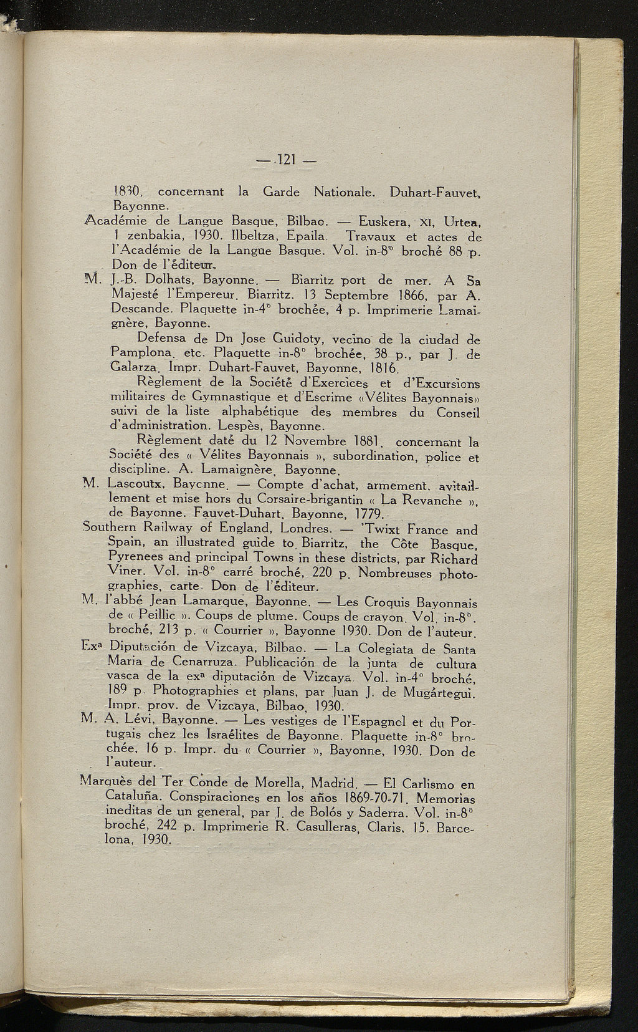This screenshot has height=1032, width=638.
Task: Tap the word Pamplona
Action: pos(136,354)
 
